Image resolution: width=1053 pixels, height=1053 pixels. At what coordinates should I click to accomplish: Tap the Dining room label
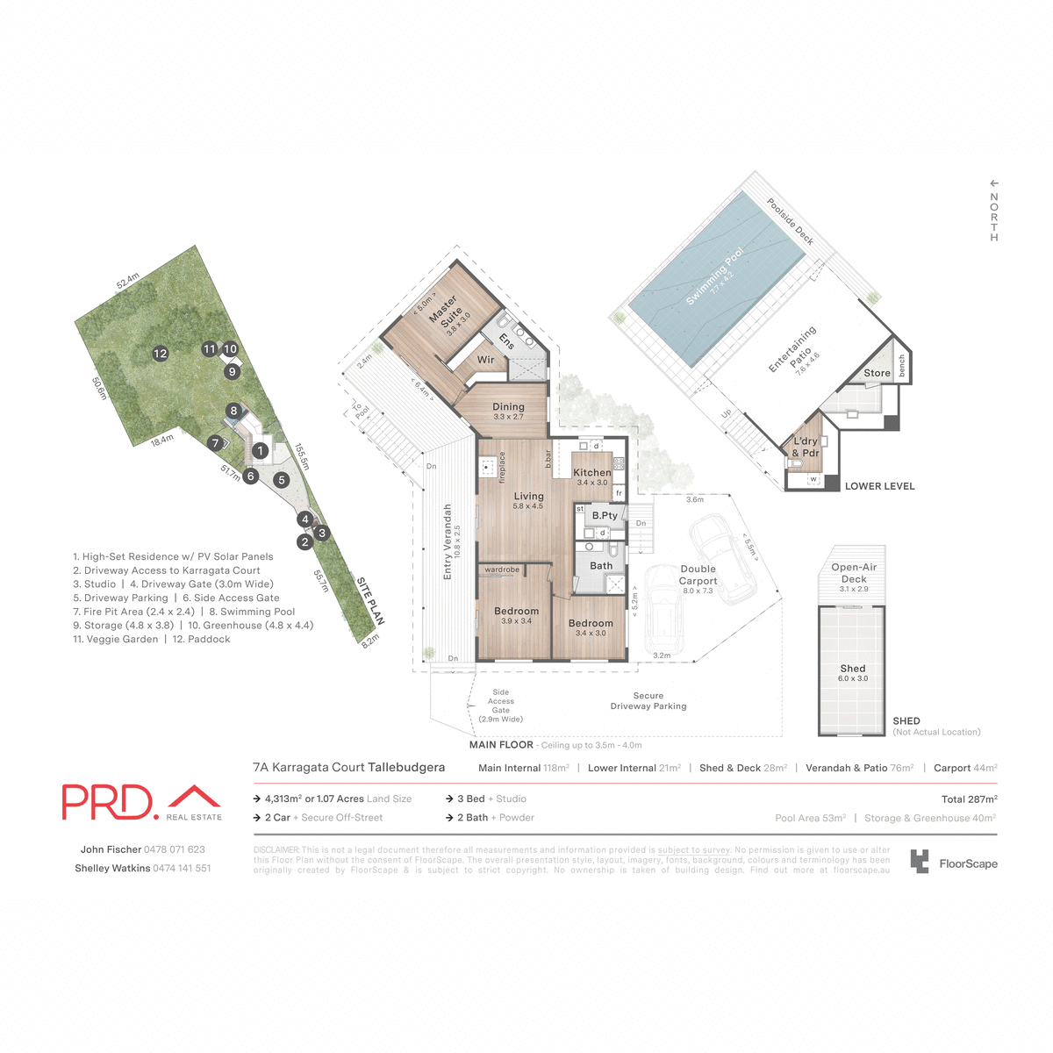[508, 407]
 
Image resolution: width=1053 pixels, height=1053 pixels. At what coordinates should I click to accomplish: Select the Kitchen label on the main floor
[592, 473]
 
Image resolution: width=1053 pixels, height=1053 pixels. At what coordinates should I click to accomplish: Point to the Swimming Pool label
[714, 276]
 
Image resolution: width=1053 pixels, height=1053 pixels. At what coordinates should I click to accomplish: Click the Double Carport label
[698, 575]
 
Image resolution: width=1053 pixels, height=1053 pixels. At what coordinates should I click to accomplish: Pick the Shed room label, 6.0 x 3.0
[853, 669]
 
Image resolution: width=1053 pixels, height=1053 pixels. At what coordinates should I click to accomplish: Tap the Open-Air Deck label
[854, 573]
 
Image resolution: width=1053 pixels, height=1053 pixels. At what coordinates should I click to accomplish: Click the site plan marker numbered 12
[160, 354]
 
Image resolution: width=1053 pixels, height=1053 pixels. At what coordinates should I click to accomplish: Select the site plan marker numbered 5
[282, 480]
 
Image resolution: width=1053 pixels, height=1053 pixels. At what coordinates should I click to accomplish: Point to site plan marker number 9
[233, 371]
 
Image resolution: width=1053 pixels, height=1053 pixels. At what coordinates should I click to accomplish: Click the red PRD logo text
[108, 802]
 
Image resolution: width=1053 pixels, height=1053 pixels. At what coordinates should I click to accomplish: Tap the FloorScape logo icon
[919, 862]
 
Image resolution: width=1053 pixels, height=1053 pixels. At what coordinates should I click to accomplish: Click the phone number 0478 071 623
[175, 849]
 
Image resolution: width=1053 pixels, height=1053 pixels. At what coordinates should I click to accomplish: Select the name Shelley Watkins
[112, 869]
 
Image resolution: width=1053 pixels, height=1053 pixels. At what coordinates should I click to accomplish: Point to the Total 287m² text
[969, 799]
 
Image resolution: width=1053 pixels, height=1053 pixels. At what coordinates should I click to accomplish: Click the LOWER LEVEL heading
[879, 486]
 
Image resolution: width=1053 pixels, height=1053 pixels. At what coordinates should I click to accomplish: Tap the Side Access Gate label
[501, 706]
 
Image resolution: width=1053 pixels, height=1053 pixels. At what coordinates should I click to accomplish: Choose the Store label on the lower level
[877, 373]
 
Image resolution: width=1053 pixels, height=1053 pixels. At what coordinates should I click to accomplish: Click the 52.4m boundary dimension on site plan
[128, 282]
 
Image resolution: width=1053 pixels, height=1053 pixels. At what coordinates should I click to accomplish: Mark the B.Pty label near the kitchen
[605, 516]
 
